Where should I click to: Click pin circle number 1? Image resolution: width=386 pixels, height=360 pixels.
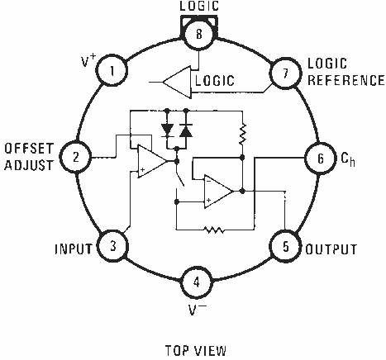(112, 71)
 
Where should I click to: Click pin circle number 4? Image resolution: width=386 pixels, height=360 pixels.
(196, 281)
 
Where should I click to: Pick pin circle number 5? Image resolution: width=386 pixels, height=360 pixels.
(285, 246)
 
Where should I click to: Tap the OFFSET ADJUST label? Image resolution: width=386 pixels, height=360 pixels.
(30, 157)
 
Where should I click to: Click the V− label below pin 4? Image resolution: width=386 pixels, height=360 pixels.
(196, 311)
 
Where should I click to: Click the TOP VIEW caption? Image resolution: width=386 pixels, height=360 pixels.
(195, 348)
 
